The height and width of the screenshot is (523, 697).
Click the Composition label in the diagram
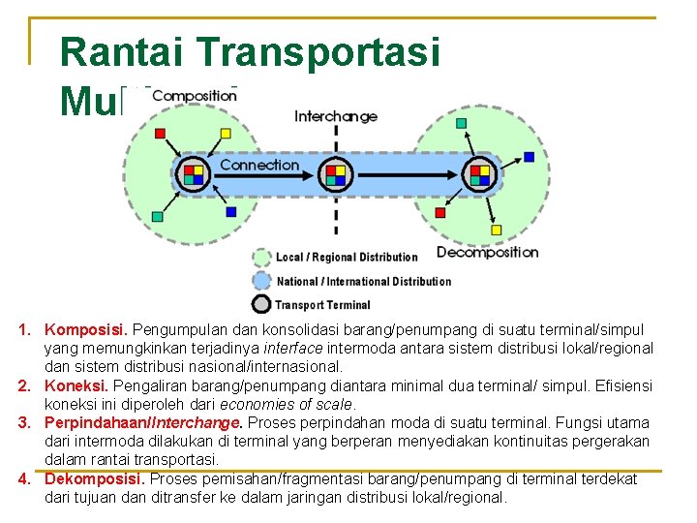tap(194, 96)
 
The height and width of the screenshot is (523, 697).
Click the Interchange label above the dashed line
tap(336, 116)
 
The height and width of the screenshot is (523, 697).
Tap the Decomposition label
tap(487, 252)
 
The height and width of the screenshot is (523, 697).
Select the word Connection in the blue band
tap(259, 165)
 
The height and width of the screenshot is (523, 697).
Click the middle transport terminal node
tap(335, 174)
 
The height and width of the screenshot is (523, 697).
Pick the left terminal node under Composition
tap(193, 174)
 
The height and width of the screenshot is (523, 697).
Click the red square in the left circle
tap(161, 134)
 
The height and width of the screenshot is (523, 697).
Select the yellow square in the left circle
tap(226, 134)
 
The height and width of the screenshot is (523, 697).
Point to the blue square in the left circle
tap(230, 211)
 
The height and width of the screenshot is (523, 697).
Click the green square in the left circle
tap(157, 217)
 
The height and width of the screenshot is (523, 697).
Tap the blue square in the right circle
tap(529, 156)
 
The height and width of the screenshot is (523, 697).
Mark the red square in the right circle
tap(440, 212)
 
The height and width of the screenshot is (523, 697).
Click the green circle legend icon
tap(261, 258)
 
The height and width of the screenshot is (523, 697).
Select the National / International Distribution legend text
tap(363, 282)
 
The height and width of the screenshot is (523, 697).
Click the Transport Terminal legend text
tap(322, 305)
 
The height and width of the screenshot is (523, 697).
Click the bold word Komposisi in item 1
tap(86, 330)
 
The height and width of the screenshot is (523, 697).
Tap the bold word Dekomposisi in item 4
tap(95, 478)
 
